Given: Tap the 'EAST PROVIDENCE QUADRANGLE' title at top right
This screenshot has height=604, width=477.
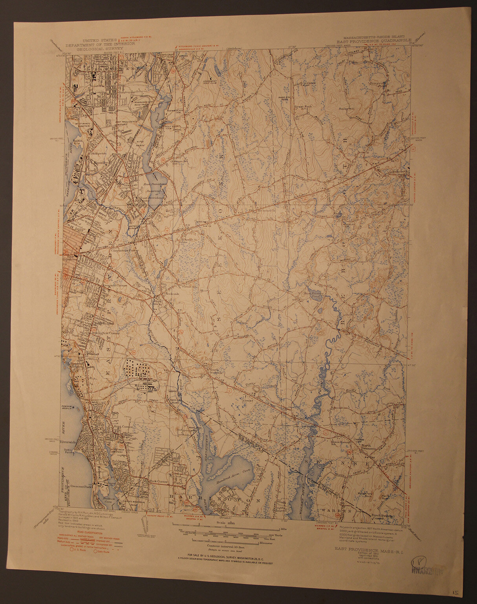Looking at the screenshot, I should [x=373, y=40].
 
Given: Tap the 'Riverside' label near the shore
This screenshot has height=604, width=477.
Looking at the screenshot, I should [x=70, y=442].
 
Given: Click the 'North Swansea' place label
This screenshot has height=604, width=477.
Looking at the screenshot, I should [x=369, y=445].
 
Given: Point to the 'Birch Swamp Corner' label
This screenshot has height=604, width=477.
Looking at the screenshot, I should [x=376, y=515].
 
